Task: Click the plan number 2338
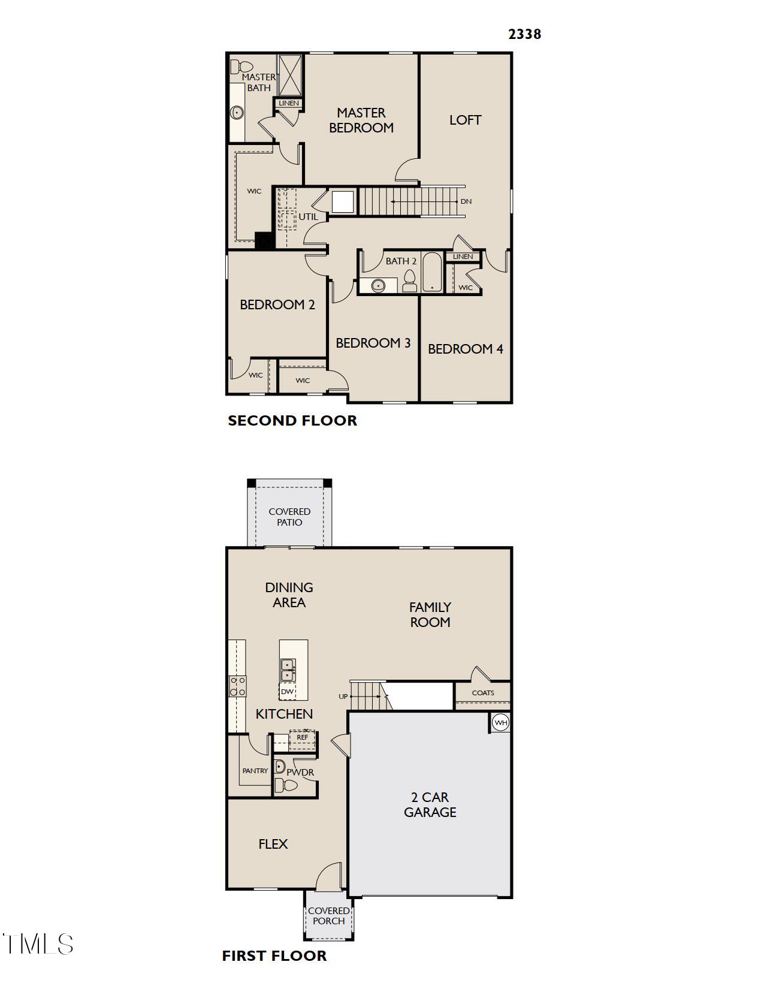tap(524, 34)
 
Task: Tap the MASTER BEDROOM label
tap(361, 120)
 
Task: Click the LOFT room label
tap(465, 120)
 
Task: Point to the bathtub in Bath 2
tap(432, 273)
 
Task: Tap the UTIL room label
tap(309, 216)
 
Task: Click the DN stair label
tap(466, 201)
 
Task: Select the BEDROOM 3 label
tap(373, 343)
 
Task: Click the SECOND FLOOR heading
tap(292, 421)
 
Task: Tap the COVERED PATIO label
tap(289, 517)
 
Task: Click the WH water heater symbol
tap(500, 722)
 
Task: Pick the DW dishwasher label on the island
tap(287, 691)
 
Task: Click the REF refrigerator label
tap(303, 737)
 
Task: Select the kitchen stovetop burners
tap(237, 686)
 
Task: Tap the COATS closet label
tap(483, 693)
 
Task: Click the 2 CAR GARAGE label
tap(430, 804)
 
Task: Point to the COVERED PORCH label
tap(329, 916)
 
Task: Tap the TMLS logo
tap(37, 943)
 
